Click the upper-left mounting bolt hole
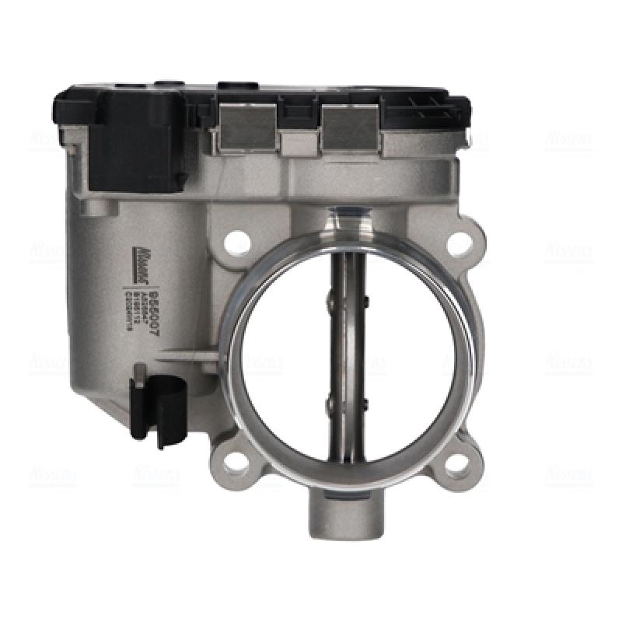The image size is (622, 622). pos(233,243)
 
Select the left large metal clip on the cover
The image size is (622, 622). pos(248,127)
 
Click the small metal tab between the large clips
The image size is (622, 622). pos(299,144)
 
